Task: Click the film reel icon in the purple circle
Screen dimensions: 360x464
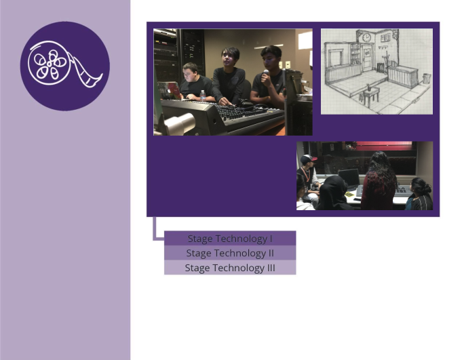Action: [64, 66]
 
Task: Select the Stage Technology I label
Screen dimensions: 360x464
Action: [230, 239]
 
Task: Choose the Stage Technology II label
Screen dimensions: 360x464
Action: [230, 254]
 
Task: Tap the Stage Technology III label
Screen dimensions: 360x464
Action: [230, 268]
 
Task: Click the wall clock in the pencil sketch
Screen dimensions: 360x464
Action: [366, 39]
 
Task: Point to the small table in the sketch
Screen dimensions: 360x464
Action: [369, 94]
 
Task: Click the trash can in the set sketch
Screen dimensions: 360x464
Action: [425, 78]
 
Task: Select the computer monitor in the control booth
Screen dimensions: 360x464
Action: [349, 178]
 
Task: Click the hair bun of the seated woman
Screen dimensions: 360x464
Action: [417, 182]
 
